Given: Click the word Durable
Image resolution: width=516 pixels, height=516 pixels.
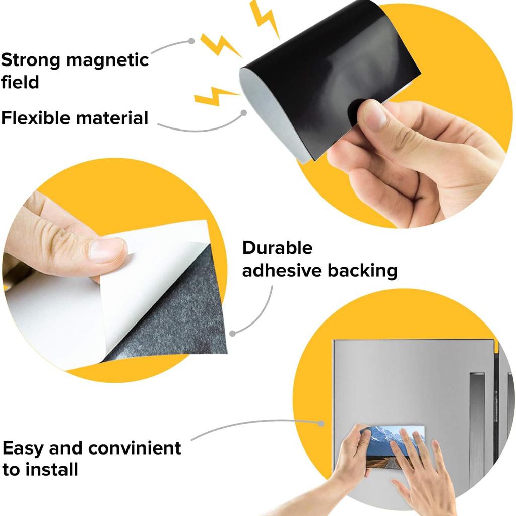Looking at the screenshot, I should tap(277, 248).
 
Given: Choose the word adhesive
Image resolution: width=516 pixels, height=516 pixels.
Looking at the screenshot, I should tap(282, 271).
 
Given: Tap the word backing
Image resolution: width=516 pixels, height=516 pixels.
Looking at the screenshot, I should tap(362, 271).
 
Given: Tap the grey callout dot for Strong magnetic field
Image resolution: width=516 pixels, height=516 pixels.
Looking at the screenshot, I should tap(191, 41).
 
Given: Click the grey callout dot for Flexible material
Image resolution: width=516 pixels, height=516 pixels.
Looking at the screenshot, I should tap(243, 113).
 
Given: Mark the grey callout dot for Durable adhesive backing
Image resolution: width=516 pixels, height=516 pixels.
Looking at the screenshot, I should tap(232, 333).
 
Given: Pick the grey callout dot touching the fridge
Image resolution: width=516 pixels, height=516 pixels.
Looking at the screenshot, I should tap(321, 423).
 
